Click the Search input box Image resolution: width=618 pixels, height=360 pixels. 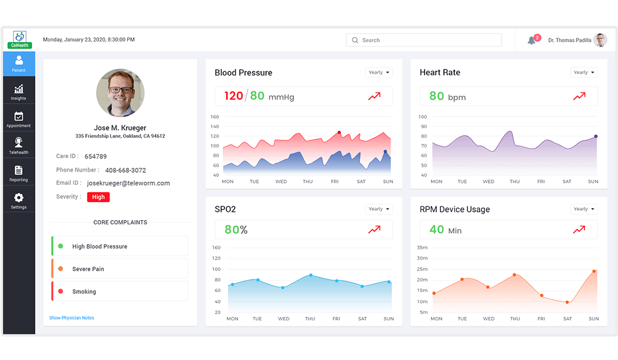[x=424, y=40]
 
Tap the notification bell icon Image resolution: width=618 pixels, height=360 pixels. [x=531, y=41]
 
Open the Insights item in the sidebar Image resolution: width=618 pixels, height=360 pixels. [x=19, y=92]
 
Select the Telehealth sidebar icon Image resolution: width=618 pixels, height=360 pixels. [x=19, y=146]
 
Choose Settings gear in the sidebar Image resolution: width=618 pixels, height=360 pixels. [x=19, y=200]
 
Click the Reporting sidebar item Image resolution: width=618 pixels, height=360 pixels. [x=19, y=173]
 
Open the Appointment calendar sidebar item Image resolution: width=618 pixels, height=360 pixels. [x=19, y=119]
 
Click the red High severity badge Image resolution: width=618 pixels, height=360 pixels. [x=98, y=197]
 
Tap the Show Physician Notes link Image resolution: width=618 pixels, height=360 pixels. [x=71, y=318]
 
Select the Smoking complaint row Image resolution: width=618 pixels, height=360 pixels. [x=120, y=292]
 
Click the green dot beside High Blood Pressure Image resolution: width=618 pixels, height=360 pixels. [x=61, y=246]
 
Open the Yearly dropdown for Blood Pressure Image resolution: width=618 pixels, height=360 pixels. [x=379, y=73]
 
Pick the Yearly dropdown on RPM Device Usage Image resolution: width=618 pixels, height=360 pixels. [x=584, y=209]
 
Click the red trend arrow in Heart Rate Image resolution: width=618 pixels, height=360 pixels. [x=579, y=96]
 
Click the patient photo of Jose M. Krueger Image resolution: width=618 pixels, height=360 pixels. [x=121, y=93]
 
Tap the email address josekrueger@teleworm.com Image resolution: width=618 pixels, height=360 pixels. [x=128, y=183]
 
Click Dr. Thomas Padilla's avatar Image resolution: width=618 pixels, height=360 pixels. [x=600, y=40]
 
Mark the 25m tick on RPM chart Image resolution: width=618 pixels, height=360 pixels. [x=422, y=269]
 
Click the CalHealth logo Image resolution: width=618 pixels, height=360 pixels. [x=19, y=40]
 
